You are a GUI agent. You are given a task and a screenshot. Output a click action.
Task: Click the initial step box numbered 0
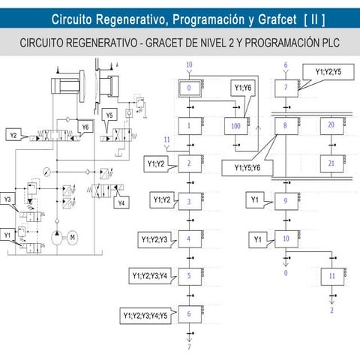[190, 88]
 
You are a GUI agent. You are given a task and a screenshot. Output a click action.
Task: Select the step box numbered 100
[235, 126]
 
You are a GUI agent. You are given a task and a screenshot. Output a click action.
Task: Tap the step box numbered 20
[331, 126]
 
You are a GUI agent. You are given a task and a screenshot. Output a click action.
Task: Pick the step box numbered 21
[331, 162]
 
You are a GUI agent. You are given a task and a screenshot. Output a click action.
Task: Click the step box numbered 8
[285, 126]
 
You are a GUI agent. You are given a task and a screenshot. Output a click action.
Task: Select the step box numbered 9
[285, 201]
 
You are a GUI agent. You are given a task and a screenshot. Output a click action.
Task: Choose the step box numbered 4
[190, 239]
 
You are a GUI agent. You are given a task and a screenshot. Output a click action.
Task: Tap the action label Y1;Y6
[243, 88]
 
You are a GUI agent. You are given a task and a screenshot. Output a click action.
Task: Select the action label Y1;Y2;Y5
[328, 72]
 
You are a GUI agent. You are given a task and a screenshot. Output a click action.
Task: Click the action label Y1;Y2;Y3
[154, 239]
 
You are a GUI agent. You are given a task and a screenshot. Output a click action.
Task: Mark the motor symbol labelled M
[73, 238]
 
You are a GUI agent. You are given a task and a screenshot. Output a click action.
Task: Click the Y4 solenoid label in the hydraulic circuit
[121, 202]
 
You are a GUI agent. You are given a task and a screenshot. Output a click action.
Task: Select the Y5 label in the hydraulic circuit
[109, 115]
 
